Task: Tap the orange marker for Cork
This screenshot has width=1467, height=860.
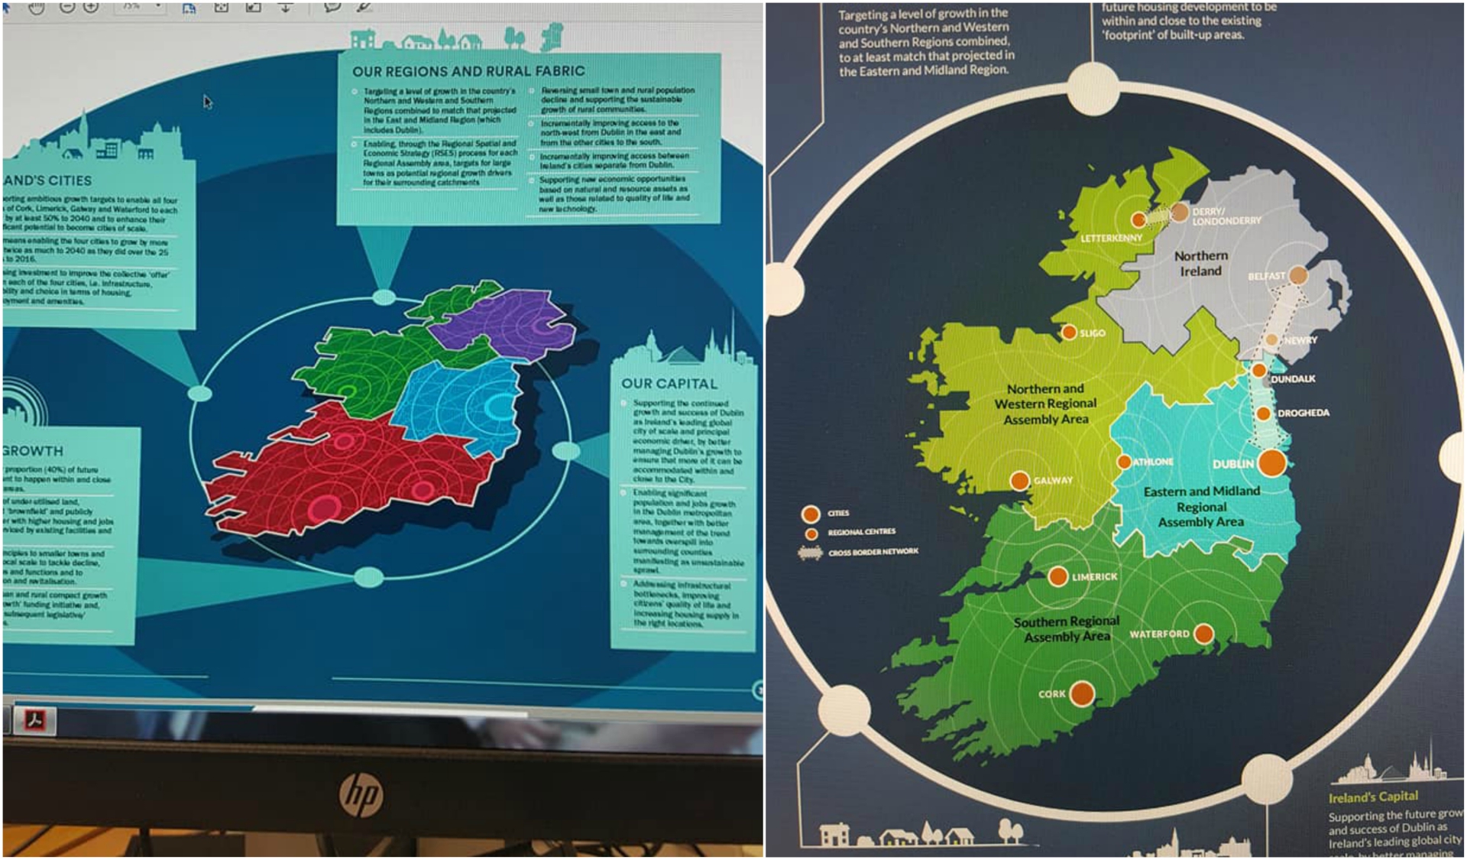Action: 1081,693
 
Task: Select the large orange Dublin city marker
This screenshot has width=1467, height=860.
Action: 1271,462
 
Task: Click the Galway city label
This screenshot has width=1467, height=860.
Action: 1053,480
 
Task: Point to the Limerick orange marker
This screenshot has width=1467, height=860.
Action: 1057,576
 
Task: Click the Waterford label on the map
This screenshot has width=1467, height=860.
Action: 1159,634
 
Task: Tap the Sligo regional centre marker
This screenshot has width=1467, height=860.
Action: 1069,332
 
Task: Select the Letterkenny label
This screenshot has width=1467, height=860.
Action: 1111,238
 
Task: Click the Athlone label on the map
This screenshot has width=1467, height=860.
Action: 1153,462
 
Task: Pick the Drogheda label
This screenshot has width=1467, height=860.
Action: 1303,413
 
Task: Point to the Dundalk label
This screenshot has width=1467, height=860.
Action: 1293,378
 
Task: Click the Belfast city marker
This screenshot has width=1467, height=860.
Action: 1298,275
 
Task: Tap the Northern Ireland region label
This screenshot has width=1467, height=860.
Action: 1200,263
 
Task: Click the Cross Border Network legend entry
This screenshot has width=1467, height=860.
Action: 873,551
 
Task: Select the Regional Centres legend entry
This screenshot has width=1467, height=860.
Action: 861,531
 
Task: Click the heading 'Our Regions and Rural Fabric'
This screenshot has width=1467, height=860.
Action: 468,71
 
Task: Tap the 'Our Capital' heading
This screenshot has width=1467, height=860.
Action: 669,384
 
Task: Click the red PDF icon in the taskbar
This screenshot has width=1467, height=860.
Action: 36,719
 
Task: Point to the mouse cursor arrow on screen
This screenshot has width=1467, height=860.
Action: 207,102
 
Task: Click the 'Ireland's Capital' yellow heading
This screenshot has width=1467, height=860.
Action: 1373,797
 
